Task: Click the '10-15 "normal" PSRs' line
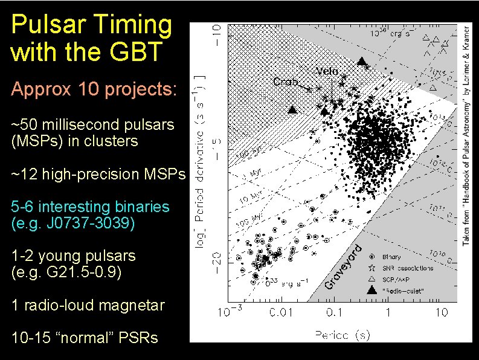point(85,338)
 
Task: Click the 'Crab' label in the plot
point(285,82)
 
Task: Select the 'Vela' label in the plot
point(327,71)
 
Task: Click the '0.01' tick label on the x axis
point(281,312)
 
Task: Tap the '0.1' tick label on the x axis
point(333,312)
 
